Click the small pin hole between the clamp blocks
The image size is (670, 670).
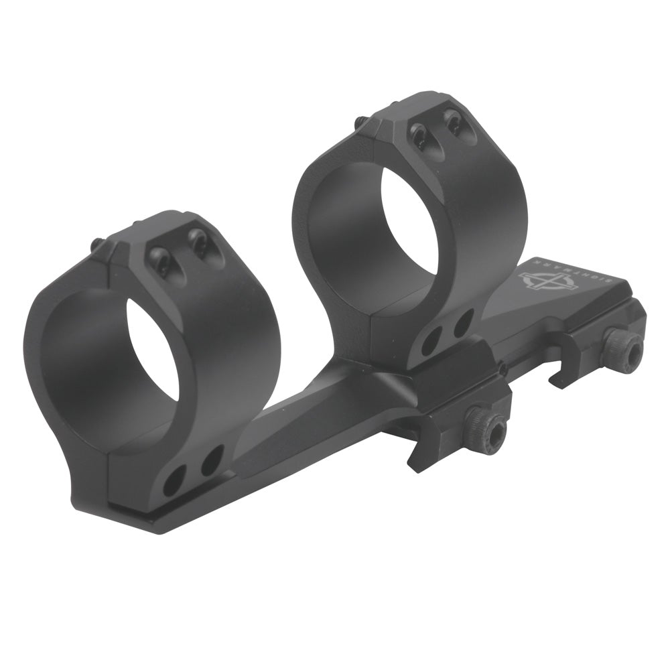500,367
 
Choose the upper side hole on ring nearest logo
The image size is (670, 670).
462,324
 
